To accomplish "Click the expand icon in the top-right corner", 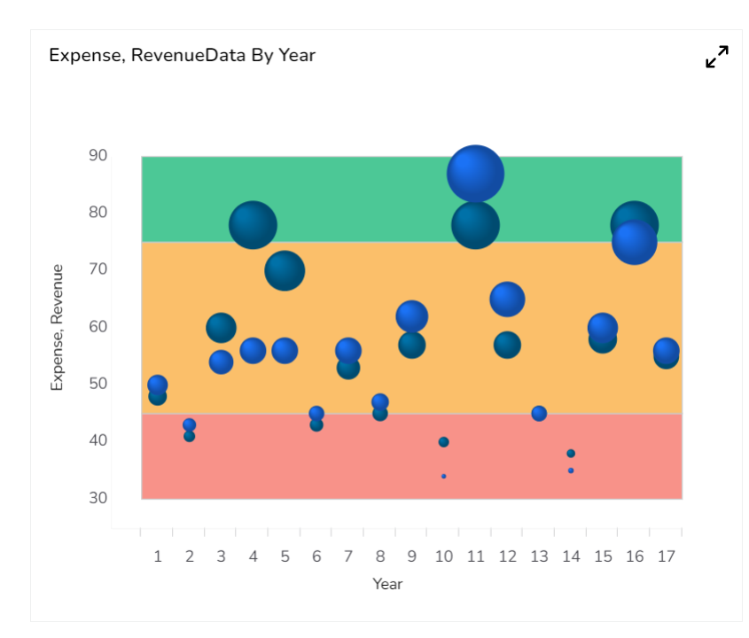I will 716,57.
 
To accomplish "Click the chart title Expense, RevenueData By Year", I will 182,55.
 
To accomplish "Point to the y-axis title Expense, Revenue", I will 58,327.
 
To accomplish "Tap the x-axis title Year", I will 387,584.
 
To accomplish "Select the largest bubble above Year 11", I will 475,174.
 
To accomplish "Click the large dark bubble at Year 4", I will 253,225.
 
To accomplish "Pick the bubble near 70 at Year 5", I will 285,270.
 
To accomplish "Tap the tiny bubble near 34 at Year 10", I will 443,477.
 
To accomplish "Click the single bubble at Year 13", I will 539,414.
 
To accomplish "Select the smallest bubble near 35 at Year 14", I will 571,471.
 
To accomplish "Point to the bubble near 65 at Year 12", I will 507,299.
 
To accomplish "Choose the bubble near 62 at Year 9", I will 412,316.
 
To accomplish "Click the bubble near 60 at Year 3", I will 221,328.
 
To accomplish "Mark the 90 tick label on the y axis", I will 98,156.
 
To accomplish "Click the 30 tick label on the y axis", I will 98,498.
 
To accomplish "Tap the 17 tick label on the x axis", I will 667,556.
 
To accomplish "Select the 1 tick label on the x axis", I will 158,556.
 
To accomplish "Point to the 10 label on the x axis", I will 443,556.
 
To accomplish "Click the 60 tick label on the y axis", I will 98,327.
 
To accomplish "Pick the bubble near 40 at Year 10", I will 443,442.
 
